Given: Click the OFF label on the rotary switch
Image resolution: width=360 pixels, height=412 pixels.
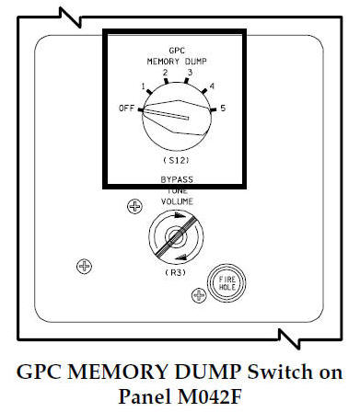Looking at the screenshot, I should pyautogui.click(x=124, y=108).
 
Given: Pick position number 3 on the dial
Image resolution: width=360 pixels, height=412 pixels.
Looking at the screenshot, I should pyautogui.click(x=190, y=72).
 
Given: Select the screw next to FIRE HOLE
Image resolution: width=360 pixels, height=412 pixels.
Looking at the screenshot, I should pyautogui.click(x=196, y=295).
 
